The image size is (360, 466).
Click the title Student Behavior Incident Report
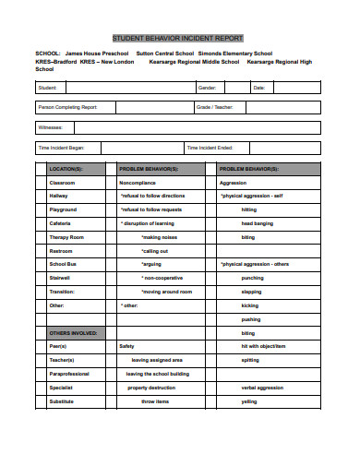(177, 39)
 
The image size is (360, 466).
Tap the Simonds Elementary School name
(234, 54)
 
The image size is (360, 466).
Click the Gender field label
(207, 88)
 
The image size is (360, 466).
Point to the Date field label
(258, 88)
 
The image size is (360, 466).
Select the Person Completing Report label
(67, 108)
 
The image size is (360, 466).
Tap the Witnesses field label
(50, 127)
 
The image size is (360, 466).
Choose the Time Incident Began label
(61, 148)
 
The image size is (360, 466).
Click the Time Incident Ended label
(210, 148)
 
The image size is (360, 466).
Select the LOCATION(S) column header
(66, 170)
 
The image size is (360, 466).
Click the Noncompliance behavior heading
(138, 184)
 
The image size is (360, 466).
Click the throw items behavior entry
(155, 401)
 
